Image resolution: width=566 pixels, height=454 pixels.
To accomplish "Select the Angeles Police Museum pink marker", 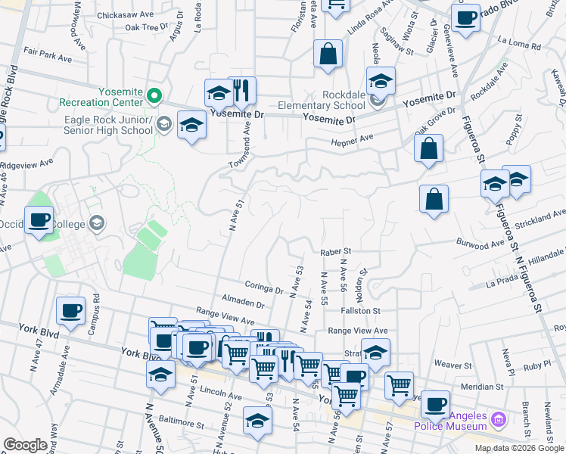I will [498, 418].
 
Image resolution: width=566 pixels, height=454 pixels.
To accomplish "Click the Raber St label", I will [337, 250].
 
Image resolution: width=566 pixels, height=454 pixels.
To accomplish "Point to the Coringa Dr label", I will [263, 287].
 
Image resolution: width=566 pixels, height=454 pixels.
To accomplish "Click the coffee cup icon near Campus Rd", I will [71, 310].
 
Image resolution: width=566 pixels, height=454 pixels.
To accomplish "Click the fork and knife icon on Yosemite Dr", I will [241, 91].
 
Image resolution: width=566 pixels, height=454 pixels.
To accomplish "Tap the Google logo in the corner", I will [26, 445].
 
